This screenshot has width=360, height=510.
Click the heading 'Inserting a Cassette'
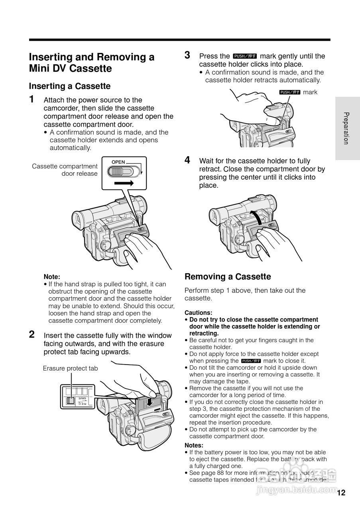click(x=70, y=86)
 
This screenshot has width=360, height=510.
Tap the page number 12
click(x=341, y=493)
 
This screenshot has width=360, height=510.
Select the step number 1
click(x=32, y=99)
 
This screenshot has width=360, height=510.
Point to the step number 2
click(x=32, y=334)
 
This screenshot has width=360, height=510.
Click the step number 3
click(x=187, y=55)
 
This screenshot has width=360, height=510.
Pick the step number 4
click(x=187, y=160)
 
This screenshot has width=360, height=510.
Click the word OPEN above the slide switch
click(x=118, y=162)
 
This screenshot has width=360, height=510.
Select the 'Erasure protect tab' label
click(x=70, y=368)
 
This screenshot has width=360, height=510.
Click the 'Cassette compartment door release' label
click(x=65, y=170)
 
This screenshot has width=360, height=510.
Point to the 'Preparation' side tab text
click(x=347, y=128)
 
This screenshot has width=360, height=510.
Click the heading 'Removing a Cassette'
click(x=228, y=277)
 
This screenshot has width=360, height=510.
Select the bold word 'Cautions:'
click(x=198, y=313)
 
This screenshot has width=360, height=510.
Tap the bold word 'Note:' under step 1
click(x=52, y=277)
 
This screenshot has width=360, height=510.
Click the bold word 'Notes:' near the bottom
click(x=194, y=445)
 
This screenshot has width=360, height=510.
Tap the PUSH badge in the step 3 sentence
click(x=245, y=56)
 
